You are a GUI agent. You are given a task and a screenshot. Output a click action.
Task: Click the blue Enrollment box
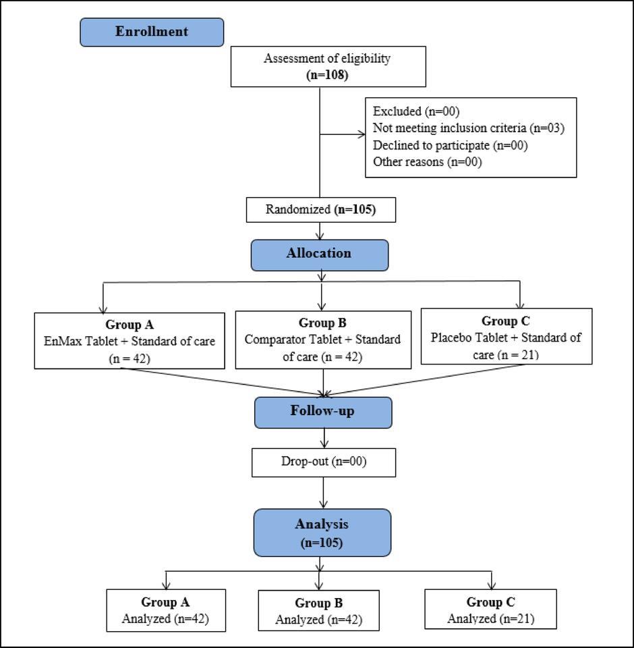click(152, 32)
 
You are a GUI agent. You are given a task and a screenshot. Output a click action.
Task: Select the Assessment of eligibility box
click(328, 66)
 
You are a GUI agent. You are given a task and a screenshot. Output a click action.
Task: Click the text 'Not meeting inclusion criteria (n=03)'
click(468, 128)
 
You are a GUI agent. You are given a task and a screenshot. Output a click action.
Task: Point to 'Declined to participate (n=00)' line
click(450, 145)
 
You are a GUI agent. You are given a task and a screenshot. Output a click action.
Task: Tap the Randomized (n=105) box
click(320, 210)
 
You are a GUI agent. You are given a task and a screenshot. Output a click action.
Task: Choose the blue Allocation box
click(320, 254)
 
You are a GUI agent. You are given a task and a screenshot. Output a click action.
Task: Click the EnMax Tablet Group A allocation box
click(129, 340)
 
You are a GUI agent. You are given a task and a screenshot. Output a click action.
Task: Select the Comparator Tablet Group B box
click(322, 340)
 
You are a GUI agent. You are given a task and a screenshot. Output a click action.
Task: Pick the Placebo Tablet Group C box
click(506, 337)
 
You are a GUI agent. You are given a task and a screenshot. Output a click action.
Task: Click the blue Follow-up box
click(322, 412)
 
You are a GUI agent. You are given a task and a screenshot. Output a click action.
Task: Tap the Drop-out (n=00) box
click(323, 462)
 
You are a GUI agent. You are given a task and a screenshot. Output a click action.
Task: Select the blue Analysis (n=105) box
click(322, 533)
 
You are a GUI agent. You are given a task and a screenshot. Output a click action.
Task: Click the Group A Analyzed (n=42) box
click(166, 610)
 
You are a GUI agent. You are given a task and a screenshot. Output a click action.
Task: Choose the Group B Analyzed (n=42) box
click(318, 611)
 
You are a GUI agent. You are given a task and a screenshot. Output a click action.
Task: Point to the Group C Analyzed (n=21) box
click(490, 610)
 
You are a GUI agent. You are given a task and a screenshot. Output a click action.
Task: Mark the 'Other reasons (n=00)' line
click(427, 162)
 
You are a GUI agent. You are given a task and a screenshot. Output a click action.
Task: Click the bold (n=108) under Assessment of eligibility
click(326, 75)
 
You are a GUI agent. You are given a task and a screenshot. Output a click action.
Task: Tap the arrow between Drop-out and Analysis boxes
click(324, 493)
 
